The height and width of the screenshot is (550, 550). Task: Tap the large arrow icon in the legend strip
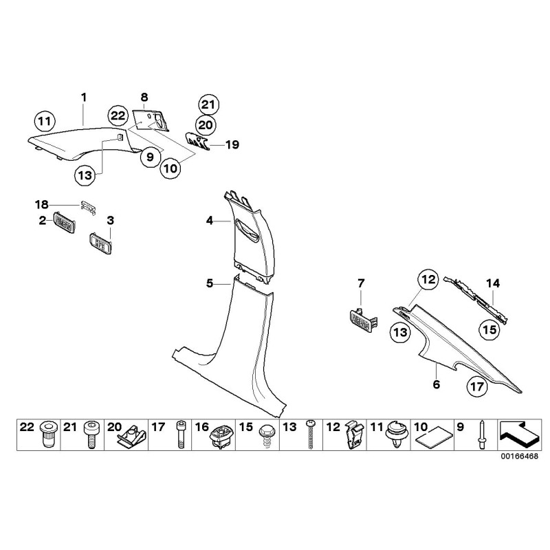[x=518, y=434]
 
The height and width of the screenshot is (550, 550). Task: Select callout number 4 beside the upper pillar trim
[x=210, y=221]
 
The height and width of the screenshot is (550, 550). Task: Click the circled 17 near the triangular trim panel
[x=476, y=387]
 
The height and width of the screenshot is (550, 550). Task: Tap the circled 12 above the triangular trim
[x=428, y=280]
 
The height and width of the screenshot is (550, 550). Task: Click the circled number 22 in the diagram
[x=118, y=116]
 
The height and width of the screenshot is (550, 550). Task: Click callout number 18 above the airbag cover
[x=42, y=204]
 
